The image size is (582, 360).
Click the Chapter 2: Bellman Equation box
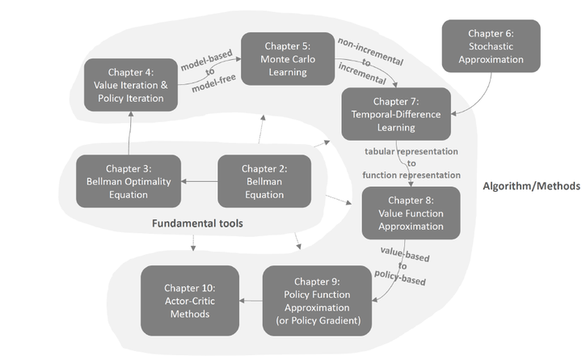(x=264, y=180)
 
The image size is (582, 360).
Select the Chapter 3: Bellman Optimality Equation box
(x=129, y=180)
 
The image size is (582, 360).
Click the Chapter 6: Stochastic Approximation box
(x=491, y=45)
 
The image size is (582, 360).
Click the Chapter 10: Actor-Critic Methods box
(x=191, y=302)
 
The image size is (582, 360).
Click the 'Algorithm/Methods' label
(x=531, y=186)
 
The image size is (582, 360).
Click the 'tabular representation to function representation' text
(x=411, y=163)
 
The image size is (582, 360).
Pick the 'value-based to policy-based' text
(x=403, y=264)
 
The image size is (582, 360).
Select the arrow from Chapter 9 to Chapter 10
(x=251, y=302)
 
